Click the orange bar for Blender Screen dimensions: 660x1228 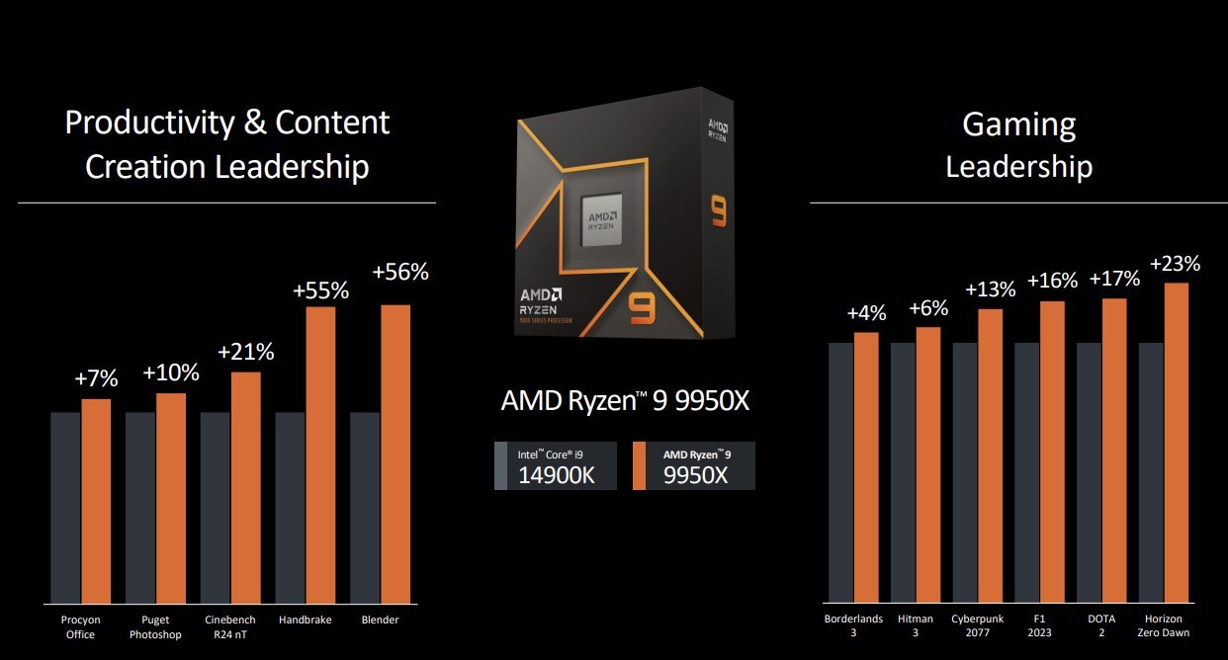click(x=395, y=454)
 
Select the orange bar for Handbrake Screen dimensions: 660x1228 click(x=320, y=454)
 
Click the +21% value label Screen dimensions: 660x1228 click(x=245, y=352)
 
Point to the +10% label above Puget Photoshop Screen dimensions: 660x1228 click(x=170, y=372)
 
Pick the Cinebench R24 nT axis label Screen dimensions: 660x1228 click(x=230, y=626)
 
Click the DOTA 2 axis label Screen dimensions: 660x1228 click(x=1100, y=626)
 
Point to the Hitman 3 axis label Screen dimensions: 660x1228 click(x=916, y=626)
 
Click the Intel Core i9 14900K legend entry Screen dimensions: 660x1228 click(x=556, y=466)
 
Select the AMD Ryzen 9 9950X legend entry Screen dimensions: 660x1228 click(x=694, y=466)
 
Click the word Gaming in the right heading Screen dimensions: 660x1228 click(x=1018, y=124)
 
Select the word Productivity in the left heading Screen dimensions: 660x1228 click(x=147, y=123)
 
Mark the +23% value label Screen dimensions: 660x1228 click(x=1176, y=264)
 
